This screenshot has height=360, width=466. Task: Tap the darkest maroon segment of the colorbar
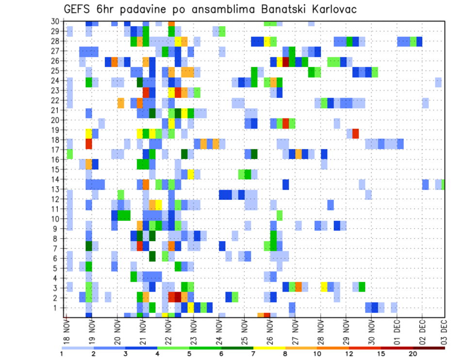429,347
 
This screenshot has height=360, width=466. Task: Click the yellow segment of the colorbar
269,347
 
